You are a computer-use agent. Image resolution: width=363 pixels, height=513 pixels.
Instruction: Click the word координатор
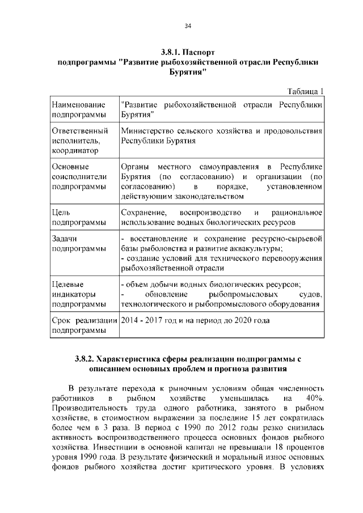(74, 151)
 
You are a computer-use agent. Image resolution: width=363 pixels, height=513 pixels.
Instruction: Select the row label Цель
(61, 212)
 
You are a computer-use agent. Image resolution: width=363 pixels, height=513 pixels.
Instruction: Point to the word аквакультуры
(254, 248)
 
